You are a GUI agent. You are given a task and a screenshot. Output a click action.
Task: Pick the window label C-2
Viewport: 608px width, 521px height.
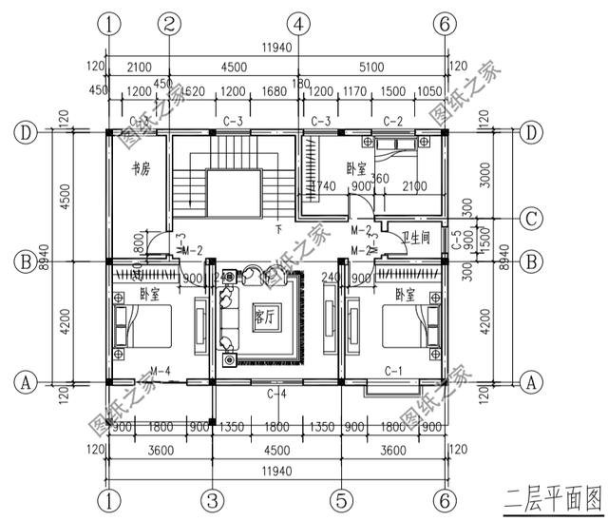(x=393, y=121)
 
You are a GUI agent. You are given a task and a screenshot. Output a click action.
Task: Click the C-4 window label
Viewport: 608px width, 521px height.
(x=276, y=393)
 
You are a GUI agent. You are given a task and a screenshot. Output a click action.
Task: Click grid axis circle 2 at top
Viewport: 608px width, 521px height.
(x=169, y=22)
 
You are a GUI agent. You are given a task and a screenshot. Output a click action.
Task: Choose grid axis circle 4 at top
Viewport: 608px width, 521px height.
(x=298, y=22)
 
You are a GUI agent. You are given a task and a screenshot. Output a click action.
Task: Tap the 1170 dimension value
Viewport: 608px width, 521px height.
(x=355, y=90)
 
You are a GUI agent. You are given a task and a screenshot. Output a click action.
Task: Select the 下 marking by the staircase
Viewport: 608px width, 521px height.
(x=278, y=230)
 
